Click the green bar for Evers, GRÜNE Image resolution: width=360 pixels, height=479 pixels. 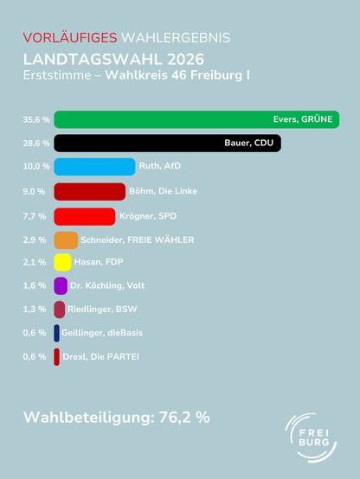[x=196, y=119]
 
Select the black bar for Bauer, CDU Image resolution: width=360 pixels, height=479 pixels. [x=168, y=143]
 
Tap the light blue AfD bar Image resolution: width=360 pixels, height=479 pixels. [x=94, y=167]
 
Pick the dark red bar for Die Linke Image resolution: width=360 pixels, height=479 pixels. [x=90, y=192]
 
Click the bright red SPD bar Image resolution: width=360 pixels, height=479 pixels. [x=85, y=217]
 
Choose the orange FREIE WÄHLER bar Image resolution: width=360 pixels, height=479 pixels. [x=66, y=240]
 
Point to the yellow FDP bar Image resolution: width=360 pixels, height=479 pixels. [x=62, y=262]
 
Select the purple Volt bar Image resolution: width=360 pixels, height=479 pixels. [x=61, y=286]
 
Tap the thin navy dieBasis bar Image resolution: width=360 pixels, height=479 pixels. [x=56, y=333]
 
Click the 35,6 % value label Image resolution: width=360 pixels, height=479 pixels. [x=36, y=119]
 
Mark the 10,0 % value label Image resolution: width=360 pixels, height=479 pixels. [x=36, y=167]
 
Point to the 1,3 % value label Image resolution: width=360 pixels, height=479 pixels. [x=35, y=310]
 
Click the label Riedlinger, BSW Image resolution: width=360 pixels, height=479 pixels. [x=102, y=310]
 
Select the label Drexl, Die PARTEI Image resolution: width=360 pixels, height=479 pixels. [x=100, y=356]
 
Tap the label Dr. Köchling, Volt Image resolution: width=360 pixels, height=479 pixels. [x=107, y=285]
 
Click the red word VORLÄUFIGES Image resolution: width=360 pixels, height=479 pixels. [x=70, y=38]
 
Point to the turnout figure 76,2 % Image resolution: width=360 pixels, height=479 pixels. [x=184, y=418]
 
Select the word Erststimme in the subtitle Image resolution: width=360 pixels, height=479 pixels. [x=57, y=75]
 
